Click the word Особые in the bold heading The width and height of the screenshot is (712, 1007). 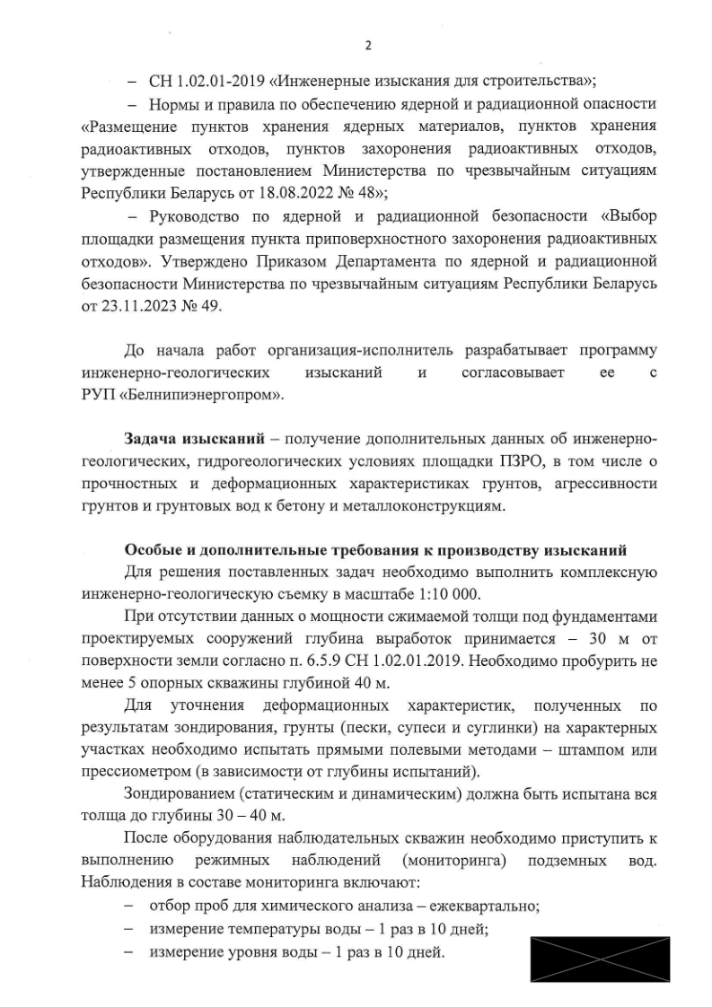[x=153, y=549]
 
